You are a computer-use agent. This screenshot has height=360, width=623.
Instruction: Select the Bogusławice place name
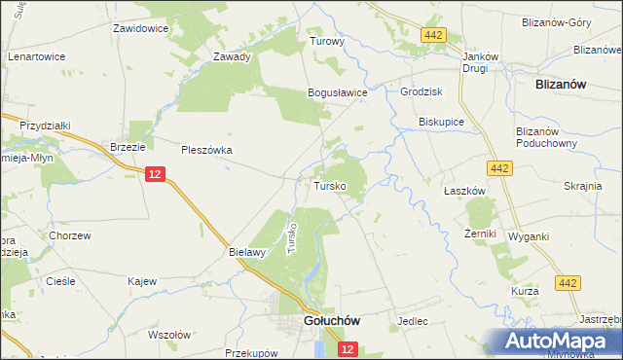[x=337, y=92]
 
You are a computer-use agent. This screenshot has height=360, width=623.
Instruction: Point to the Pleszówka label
[x=206, y=150]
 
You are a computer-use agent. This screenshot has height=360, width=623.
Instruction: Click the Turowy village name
[x=327, y=43]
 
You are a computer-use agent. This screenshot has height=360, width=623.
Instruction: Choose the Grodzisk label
[x=421, y=92]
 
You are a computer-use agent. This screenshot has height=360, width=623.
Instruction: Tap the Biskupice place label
[x=440, y=124]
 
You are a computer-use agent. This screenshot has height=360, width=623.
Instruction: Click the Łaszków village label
[x=464, y=192]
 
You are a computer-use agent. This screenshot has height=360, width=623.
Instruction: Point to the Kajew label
[x=142, y=281]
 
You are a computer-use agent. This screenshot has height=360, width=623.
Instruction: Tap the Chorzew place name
[x=70, y=235]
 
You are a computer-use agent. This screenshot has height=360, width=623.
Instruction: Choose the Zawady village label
[x=233, y=56]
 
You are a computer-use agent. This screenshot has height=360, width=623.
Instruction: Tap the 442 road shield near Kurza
[x=568, y=282]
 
